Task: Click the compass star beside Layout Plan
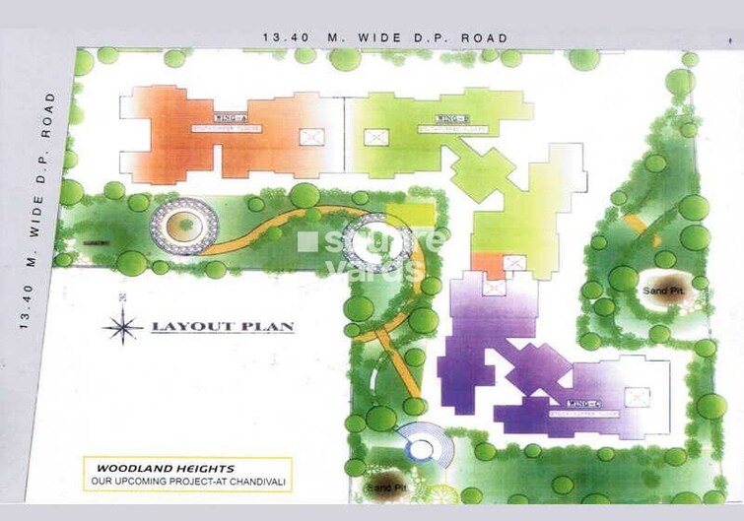(x=122, y=326)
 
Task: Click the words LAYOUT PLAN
(x=222, y=326)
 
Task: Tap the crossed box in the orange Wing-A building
(x=311, y=137)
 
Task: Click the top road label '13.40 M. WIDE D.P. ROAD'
(x=385, y=38)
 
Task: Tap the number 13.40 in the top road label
(x=283, y=38)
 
